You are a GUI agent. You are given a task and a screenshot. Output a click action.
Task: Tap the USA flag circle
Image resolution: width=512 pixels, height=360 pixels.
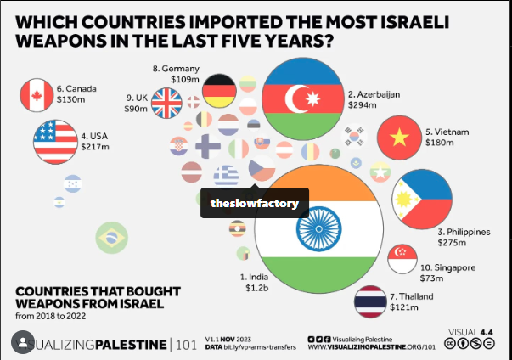pyautogui.click(x=55, y=141)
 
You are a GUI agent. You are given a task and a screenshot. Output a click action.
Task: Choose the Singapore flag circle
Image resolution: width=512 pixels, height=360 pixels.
pyautogui.click(x=402, y=258)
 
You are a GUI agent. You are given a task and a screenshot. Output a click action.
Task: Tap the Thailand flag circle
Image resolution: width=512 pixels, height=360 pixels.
pyautogui.click(x=371, y=302)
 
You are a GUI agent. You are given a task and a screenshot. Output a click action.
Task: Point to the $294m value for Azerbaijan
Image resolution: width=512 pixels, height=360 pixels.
pyautogui.click(x=361, y=107)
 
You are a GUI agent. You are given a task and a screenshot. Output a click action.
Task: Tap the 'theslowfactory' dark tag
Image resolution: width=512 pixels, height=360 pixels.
pyautogui.click(x=255, y=203)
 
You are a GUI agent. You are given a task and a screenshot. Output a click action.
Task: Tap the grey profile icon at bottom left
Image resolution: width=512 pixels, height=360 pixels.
pyautogui.click(x=20, y=343)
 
